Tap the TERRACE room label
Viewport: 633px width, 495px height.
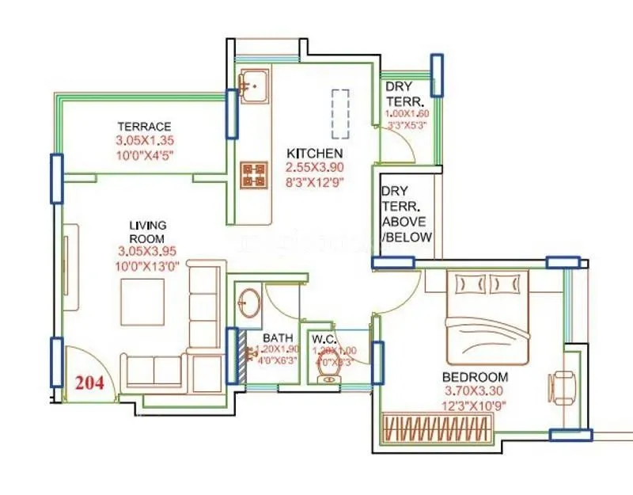pos(144,127)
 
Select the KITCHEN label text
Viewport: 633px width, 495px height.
pos(314,153)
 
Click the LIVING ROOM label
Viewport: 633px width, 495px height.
pos(147,232)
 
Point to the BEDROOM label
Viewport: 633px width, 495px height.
pos(475,377)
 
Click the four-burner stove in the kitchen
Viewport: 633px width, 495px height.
pos(253,175)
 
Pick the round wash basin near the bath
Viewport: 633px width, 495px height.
pos(251,303)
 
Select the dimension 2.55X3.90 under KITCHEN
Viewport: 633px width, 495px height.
pos(314,167)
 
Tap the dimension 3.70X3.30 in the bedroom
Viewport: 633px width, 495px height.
pos(475,391)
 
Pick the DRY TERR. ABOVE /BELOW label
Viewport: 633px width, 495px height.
pos(407,214)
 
